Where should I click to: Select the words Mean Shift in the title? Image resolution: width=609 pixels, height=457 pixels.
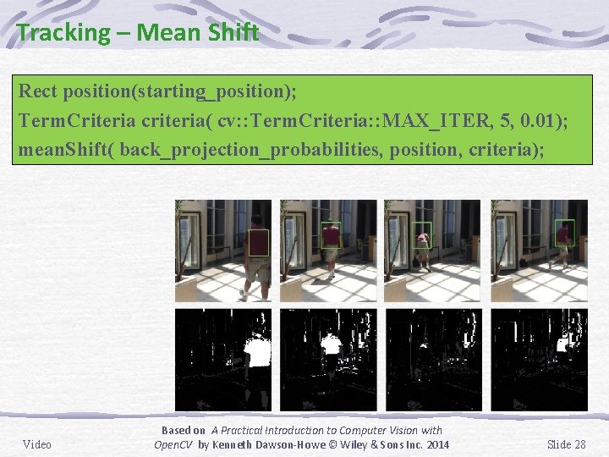tap(197, 33)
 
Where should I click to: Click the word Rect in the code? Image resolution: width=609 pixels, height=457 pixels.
tap(37, 91)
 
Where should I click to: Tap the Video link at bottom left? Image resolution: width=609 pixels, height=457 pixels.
tap(37, 444)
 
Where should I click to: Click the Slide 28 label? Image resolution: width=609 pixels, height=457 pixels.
tap(567, 444)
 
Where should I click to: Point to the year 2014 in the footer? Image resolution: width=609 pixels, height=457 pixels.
tap(436, 445)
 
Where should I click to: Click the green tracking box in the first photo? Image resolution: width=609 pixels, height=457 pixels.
tap(258, 242)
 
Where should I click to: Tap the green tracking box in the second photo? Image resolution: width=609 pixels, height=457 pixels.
tap(331, 235)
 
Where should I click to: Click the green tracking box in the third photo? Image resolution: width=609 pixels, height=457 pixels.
tap(421, 234)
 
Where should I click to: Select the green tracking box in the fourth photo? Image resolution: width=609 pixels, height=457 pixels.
tap(565, 233)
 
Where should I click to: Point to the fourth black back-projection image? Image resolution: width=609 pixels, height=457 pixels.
tap(540, 360)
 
